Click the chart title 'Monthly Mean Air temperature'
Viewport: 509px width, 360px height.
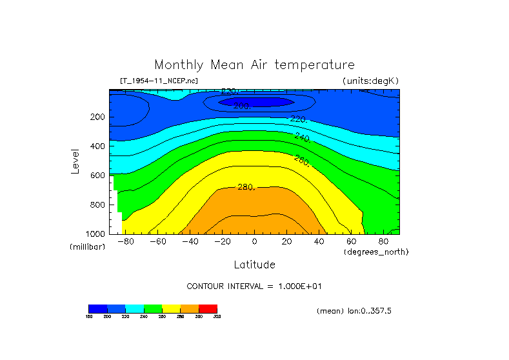click(x=254, y=65)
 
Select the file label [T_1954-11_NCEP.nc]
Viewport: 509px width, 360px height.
click(x=159, y=81)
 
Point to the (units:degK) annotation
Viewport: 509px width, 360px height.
click(x=371, y=81)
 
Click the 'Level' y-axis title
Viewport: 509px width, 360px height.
click(x=76, y=161)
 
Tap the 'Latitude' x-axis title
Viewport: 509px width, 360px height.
click(x=254, y=265)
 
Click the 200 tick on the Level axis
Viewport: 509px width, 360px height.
click(x=98, y=117)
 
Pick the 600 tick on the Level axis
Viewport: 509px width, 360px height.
click(x=98, y=175)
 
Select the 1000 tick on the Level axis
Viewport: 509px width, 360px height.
click(x=96, y=234)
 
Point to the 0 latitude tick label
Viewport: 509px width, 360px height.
click(x=255, y=241)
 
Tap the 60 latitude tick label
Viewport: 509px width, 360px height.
click(x=352, y=241)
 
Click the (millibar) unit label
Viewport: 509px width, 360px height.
click(x=87, y=247)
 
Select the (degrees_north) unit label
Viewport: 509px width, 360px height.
click(x=375, y=252)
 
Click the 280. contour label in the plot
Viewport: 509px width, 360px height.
click(x=246, y=187)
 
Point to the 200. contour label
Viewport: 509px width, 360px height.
click(x=241, y=106)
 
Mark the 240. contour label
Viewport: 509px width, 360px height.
click(x=303, y=137)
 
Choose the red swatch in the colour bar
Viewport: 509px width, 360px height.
click(x=208, y=308)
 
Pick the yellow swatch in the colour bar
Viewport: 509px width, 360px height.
click(x=171, y=308)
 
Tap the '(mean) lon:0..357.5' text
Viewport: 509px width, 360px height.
click(x=354, y=311)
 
